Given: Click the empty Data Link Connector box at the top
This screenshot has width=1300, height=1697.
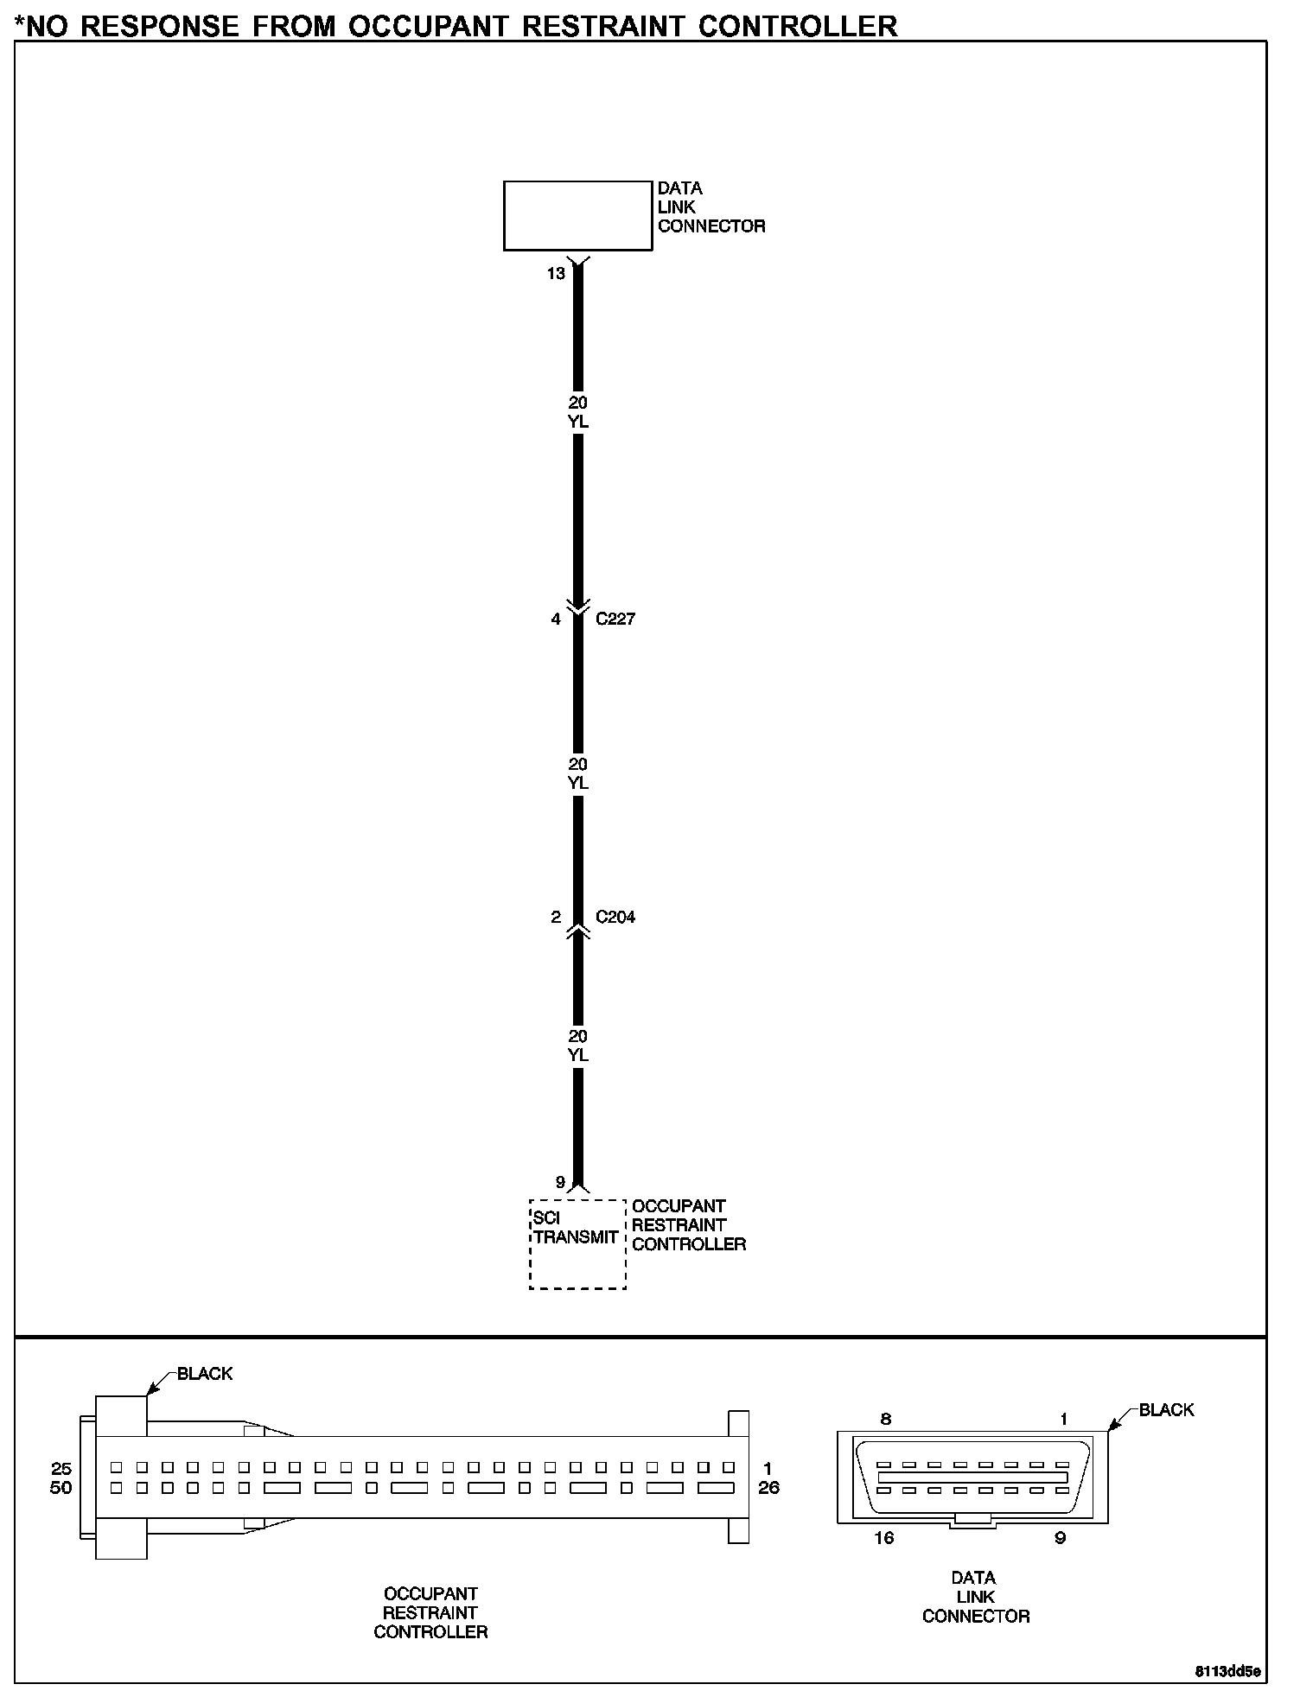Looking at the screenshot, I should tap(577, 215).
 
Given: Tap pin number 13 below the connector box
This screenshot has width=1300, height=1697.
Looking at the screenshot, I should tap(556, 274).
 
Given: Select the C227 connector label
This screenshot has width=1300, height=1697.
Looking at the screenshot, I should tap(615, 620).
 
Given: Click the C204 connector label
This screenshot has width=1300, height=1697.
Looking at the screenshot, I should tap(615, 918).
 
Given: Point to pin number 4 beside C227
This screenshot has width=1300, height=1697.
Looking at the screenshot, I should tap(556, 620).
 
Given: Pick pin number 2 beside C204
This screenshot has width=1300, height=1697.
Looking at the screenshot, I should tap(556, 918).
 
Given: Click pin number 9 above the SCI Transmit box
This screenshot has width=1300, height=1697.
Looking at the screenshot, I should tap(560, 1182).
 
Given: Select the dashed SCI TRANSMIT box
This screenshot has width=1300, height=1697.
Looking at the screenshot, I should tap(577, 1244).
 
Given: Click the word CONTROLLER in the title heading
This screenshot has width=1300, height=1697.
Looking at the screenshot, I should tap(798, 26).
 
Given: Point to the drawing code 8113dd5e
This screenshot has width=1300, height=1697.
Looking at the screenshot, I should tap(1228, 1671).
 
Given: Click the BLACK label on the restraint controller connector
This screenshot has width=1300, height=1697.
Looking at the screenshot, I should tap(205, 1374).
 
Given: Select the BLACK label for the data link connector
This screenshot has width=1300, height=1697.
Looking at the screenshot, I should tap(1166, 1410).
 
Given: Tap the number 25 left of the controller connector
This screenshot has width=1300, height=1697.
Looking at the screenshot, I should tap(61, 1469).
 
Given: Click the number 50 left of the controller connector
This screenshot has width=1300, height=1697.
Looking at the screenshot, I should tap(61, 1488).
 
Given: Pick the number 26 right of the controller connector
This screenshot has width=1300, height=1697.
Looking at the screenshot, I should tap(768, 1488).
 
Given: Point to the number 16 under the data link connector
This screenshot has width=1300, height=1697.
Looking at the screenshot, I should tap(884, 1538).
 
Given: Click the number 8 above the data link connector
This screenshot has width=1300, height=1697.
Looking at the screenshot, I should tap(885, 1419).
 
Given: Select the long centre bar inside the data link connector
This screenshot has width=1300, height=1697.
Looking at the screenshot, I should tap(972, 1478).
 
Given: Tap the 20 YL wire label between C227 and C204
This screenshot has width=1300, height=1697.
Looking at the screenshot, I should tap(578, 773).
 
